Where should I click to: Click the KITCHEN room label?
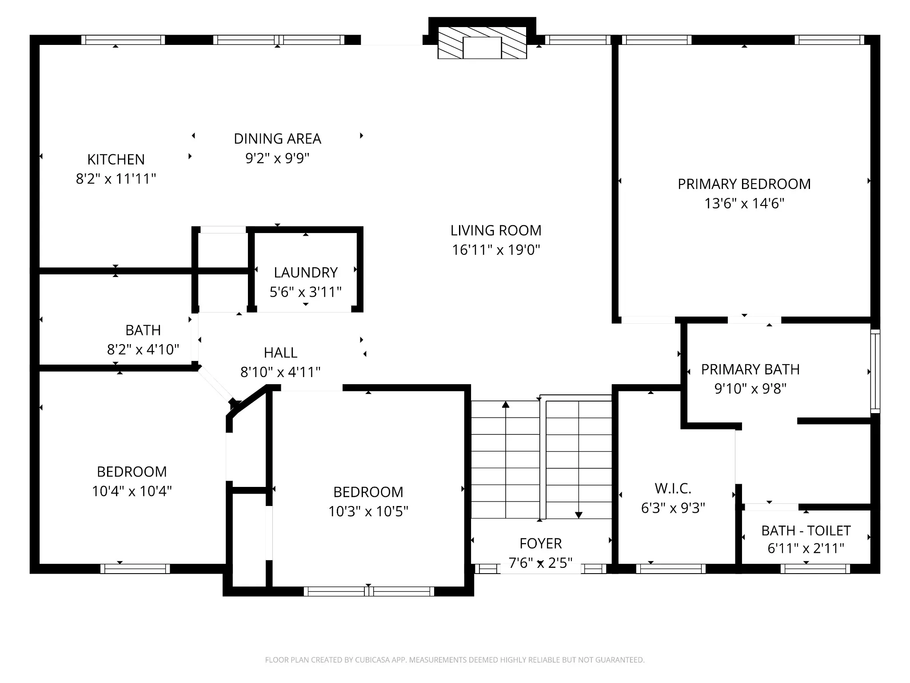click(x=116, y=159)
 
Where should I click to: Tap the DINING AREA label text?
click(x=277, y=139)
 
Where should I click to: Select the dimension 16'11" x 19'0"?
click(x=496, y=250)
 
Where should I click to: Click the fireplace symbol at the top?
click(x=482, y=43)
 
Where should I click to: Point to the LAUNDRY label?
click(x=306, y=272)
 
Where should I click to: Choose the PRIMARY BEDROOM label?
click(x=744, y=184)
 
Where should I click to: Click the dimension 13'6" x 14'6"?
click(x=744, y=204)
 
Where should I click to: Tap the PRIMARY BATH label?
click(x=750, y=370)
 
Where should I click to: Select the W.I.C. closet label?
click(x=673, y=489)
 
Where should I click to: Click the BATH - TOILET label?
click(x=806, y=530)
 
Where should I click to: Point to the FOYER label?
click(x=541, y=543)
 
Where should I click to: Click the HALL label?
click(x=280, y=353)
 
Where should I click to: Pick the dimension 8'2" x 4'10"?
click(x=143, y=350)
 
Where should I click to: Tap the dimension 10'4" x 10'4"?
click(x=132, y=491)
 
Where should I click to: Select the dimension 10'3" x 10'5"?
click(x=368, y=511)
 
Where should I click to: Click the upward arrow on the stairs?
click(x=506, y=460)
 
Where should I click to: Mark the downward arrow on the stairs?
click(x=579, y=460)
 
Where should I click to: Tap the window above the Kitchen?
click(x=123, y=40)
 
